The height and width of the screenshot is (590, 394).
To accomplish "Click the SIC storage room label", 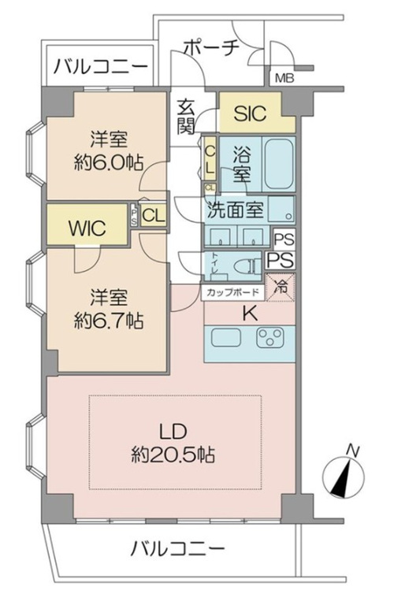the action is pyautogui.click(x=250, y=113).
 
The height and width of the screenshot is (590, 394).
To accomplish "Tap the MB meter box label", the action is pyautogui.click(x=284, y=79).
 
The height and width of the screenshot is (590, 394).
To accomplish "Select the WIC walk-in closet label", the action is pyautogui.click(x=87, y=228).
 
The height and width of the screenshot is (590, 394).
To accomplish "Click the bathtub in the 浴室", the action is pyautogui.click(x=278, y=165).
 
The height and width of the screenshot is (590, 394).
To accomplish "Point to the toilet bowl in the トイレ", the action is pyautogui.click(x=247, y=266).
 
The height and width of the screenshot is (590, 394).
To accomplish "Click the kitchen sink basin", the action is pyautogui.click(x=226, y=337).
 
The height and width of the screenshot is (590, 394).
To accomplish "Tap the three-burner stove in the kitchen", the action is pyautogui.click(x=270, y=337).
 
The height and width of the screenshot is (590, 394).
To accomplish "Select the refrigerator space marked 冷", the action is pyautogui.click(x=281, y=287).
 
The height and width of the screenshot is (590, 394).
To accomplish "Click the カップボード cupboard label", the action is pyautogui.click(x=233, y=292).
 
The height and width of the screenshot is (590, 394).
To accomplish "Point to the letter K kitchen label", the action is pyautogui.click(x=250, y=313).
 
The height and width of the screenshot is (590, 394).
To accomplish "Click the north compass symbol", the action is pyautogui.click(x=344, y=473).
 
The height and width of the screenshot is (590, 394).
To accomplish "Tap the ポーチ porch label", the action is pyautogui.click(x=211, y=47).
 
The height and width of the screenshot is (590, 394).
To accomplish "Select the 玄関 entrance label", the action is pyautogui.click(x=186, y=117).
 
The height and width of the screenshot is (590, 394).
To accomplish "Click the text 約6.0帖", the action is pyautogui.click(x=108, y=163).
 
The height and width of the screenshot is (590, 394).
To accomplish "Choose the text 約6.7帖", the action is pyautogui.click(x=108, y=321).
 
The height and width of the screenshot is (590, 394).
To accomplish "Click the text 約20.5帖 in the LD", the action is pyautogui.click(x=173, y=455).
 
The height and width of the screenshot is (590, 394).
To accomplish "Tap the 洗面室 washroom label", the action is pyautogui.click(x=236, y=211).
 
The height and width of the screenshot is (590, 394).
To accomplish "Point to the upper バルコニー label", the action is pyautogui.click(x=100, y=68).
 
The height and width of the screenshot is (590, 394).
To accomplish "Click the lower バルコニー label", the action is pyautogui.click(x=177, y=550).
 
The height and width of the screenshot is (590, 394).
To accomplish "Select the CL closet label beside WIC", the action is pyautogui.click(x=154, y=216).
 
